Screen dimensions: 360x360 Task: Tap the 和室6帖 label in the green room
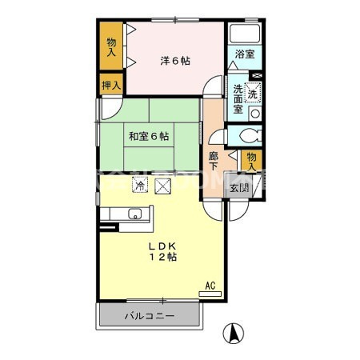click(x=148, y=137)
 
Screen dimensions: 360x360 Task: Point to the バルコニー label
click(x=148, y=315)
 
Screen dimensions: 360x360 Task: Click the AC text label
click(x=210, y=284)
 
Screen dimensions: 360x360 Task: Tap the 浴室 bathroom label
click(x=244, y=54)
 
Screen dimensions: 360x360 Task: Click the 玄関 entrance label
click(x=239, y=190)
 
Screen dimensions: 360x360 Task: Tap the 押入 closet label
click(x=111, y=84)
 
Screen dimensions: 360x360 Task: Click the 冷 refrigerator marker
click(x=139, y=186)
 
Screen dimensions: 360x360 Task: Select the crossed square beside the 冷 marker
click(x=163, y=186)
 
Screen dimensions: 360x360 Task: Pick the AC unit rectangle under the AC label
click(x=210, y=294)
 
